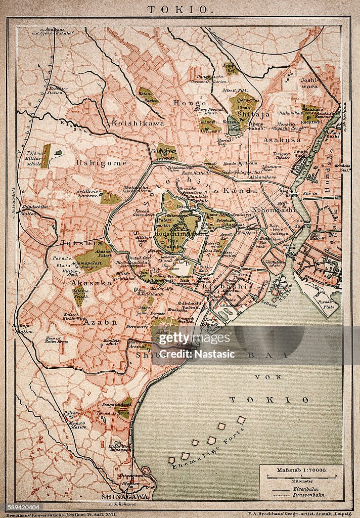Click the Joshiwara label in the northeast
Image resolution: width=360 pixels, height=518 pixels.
pyautogui.click(x=308, y=83)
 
